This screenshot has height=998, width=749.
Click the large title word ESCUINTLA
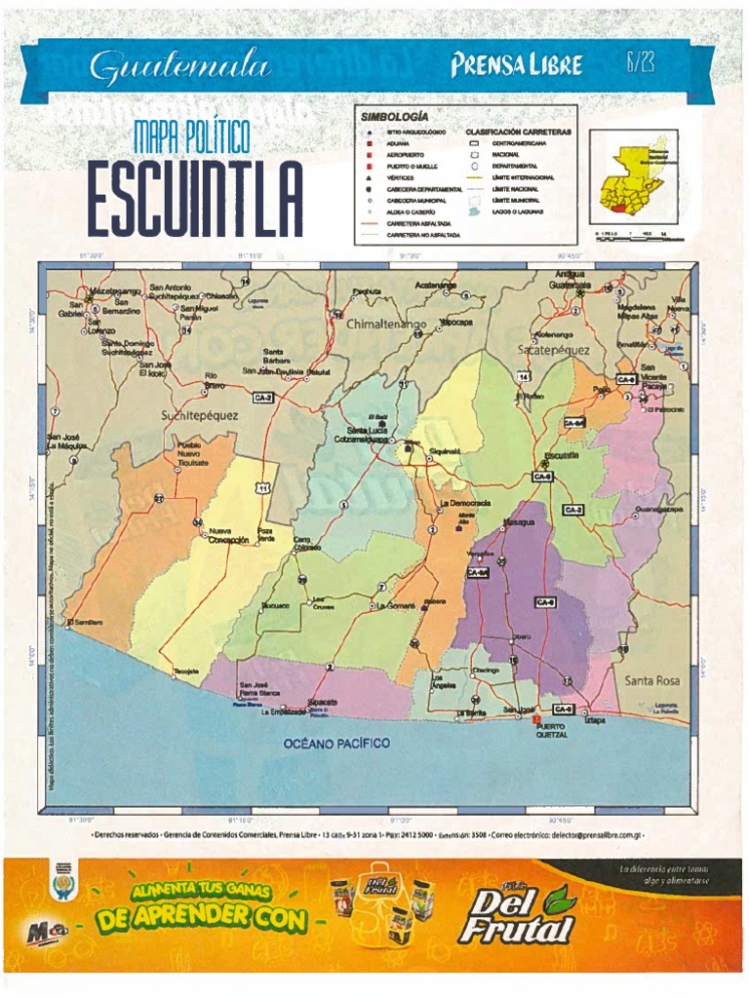[194, 201]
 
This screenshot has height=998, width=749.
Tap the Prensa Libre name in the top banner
[516, 65]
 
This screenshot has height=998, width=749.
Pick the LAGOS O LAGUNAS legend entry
[516, 211]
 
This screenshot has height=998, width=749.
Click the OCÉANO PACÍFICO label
[336, 743]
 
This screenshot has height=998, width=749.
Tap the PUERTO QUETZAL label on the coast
[552, 730]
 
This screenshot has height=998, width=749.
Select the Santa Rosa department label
[652, 679]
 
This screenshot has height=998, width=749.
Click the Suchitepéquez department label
[199, 415]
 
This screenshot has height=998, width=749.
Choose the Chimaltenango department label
[387, 324]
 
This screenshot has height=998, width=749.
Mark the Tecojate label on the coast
[187, 672]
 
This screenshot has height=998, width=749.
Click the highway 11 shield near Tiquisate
[263, 487]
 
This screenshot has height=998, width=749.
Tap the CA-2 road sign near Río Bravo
[263, 398]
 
